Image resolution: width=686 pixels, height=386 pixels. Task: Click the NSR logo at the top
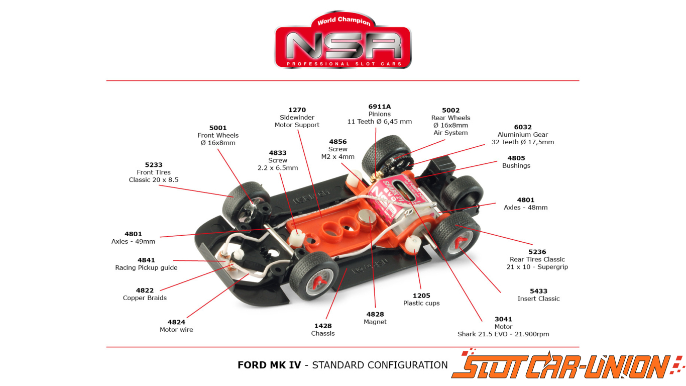[x=342, y=40]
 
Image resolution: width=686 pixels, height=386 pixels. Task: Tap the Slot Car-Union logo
[x=567, y=366]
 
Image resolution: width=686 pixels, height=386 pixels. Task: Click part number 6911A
[x=380, y=107]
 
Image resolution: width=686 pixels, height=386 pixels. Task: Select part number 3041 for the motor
[x=503, y=319]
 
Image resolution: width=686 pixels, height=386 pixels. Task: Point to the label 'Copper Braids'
[x=145, y=298]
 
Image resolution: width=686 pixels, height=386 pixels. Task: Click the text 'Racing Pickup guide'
[x=146, y=268]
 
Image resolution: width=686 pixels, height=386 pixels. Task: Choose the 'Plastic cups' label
[x=421, y=303]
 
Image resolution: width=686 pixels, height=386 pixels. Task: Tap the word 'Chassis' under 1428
[x=323, y=334]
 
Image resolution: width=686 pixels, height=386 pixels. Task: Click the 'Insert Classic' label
[x=539, y=299]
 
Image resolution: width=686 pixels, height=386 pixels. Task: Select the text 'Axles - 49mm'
[x=133, y=242]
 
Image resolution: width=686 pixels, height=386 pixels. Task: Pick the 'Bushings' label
[x=516, y=166]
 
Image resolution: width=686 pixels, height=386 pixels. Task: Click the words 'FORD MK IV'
[x=269, y=365]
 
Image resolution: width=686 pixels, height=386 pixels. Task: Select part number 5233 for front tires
[x=154, y=165]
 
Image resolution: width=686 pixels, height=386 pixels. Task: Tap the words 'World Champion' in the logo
[x=344, y=21]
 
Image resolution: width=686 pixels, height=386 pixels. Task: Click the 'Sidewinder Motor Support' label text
[x=297, y=122]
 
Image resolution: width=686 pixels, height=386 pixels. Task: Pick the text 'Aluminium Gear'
[x=523, y=135]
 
